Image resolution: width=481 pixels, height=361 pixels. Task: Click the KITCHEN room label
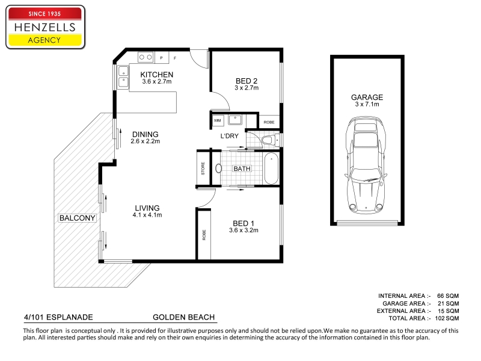[157, 75]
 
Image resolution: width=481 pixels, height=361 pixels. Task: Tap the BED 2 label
[247, 81]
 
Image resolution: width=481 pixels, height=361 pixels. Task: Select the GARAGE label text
[367, 97]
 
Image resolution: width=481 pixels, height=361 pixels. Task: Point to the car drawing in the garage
[366, 165]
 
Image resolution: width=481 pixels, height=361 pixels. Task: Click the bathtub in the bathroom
[271, 168]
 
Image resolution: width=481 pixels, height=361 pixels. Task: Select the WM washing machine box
[218, 120]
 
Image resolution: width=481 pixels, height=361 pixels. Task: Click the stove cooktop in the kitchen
[146, 57]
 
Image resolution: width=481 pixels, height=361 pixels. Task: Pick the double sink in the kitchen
[123, 78]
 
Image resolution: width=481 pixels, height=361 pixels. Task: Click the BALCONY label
[77, 218]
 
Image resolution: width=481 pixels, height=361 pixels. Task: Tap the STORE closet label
[203, 168]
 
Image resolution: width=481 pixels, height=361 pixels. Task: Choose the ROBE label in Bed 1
[204, 235]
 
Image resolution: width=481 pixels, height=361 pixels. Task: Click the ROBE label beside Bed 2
[269, 122]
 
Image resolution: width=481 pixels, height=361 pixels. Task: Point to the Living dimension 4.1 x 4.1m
[147, 215]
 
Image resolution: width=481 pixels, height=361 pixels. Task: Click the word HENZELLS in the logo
[44, 27]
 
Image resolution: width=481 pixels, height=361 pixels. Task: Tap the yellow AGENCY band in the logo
[44, 40]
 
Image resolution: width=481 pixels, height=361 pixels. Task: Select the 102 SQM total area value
[447, 318]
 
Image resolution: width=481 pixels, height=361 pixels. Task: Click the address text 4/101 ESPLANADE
[58, 317]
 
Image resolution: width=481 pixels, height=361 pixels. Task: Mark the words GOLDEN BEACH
[184, 317]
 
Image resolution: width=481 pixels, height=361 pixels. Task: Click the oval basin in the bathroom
[218, 168]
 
